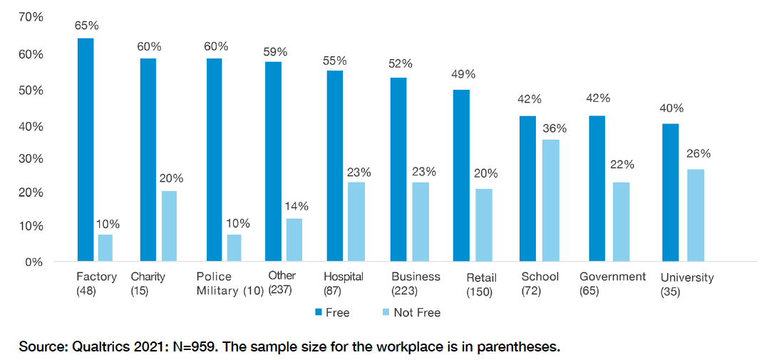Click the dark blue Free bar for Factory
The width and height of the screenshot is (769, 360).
[x=86, y=150]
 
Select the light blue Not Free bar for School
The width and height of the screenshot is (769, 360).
[x=550, y=200]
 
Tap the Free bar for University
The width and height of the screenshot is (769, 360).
[x=671, y=192]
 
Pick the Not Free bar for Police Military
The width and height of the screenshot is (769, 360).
[x=234, y=248]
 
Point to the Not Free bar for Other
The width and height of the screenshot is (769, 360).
[x=294, y=240]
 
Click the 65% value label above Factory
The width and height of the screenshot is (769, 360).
[x=86, y=26]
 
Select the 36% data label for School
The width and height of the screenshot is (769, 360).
[x=554, y=128]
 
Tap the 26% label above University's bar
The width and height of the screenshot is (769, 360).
[x=698, y=153]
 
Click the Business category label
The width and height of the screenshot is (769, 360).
[x=416, y=277]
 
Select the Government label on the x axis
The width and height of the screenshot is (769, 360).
[x=612, y=277]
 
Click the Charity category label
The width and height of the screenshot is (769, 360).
[x=149, y=277]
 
